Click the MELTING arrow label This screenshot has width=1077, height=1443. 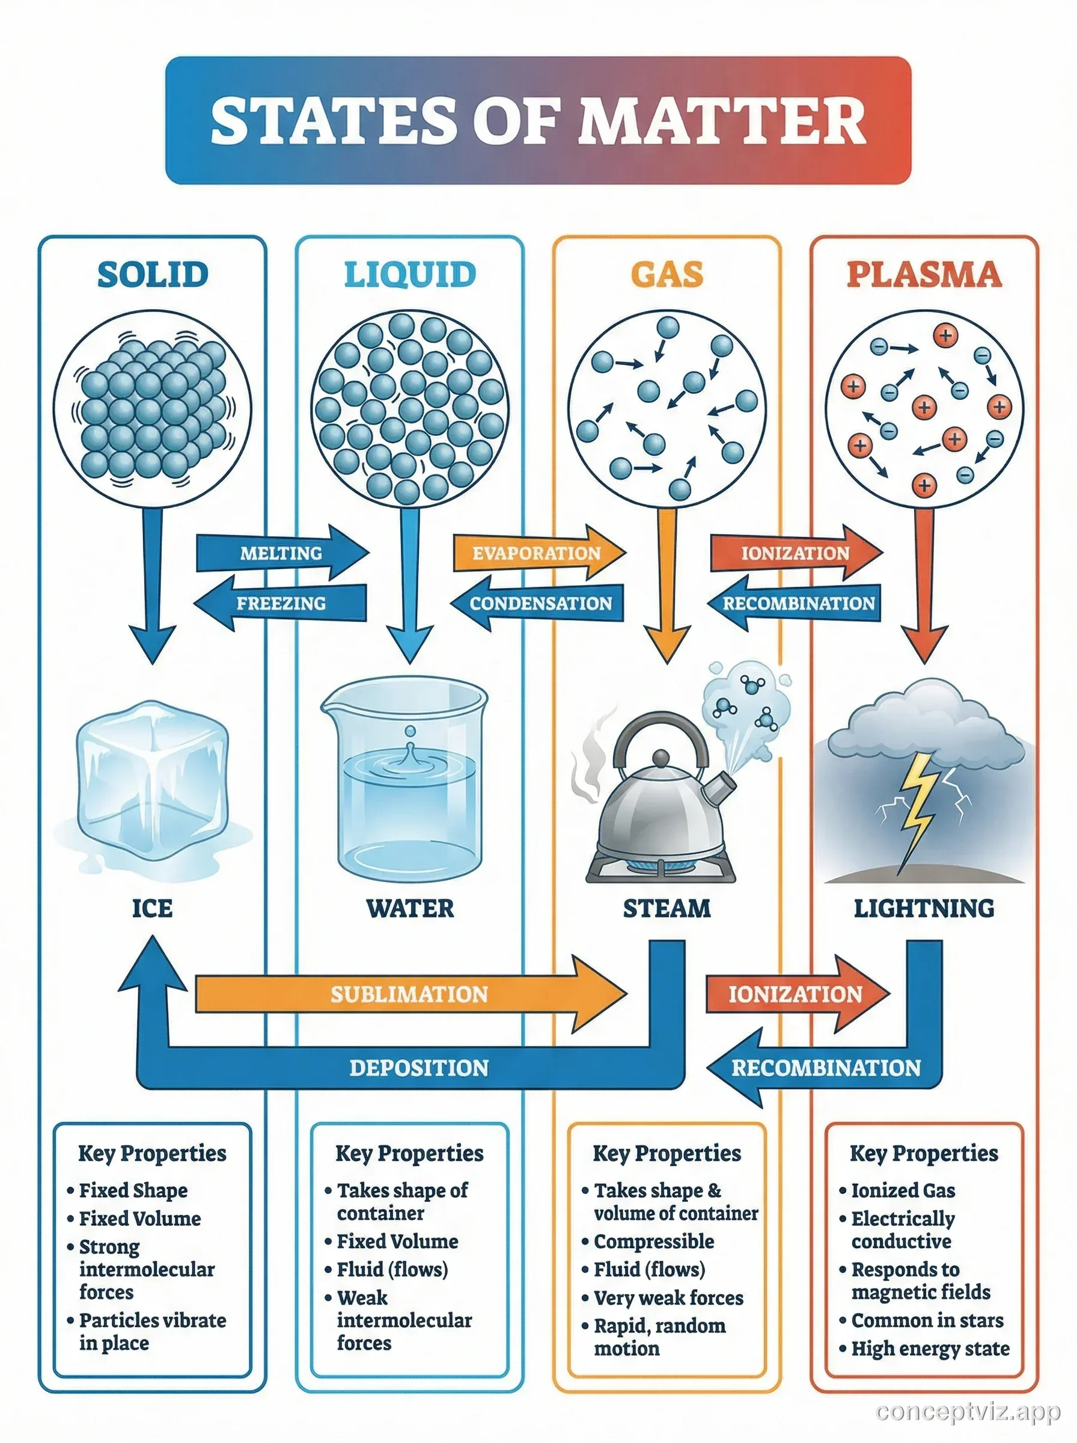[281, 554]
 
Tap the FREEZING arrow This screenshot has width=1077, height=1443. [281, 603]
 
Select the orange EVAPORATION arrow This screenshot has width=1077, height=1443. [536, 554]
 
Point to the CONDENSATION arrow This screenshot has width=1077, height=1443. [540, 603]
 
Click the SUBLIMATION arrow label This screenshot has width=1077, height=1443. [409, 994]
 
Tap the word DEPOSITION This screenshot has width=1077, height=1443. [418, 1068]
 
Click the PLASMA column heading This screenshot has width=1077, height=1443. [924, 275]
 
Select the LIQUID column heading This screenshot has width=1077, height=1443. [409, 275]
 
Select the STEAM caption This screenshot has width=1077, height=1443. [667, 908]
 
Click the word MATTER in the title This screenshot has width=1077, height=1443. [721, 121]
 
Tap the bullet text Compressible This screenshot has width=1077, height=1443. [654, 1242]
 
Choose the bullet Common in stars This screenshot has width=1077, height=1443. [927, 1320]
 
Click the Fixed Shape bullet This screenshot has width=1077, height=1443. [133, 1190]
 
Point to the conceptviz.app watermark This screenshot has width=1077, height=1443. [968, 1411]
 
